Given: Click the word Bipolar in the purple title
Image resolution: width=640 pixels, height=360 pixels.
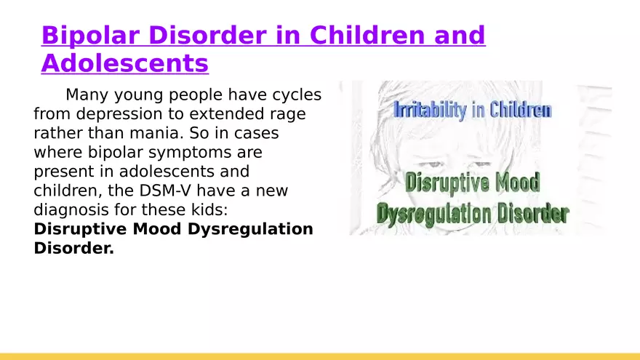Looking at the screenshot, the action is tap(90, 36).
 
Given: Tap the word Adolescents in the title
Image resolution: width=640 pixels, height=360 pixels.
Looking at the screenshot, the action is tap(125, 63).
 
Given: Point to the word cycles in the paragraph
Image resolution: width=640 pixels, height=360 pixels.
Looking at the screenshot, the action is tap(297, 95).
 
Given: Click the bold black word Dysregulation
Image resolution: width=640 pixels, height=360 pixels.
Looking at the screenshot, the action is tap(250, 229).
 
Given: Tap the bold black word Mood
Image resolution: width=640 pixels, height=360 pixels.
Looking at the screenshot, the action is tap(158, 229).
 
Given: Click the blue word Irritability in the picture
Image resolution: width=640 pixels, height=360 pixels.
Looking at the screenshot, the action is tap(431, 111).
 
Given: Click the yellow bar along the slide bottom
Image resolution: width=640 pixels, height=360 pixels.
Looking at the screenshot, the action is tap(320, 357).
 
